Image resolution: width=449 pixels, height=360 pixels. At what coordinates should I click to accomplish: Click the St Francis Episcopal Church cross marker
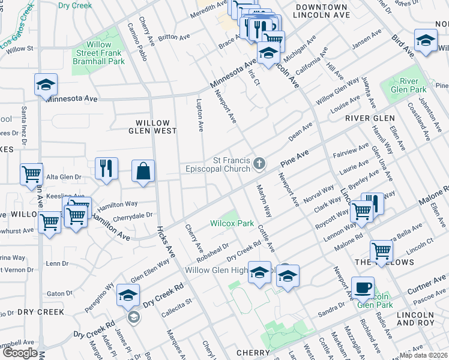[259, 163]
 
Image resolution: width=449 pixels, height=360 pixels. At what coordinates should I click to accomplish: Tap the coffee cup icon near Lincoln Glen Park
[362, 287]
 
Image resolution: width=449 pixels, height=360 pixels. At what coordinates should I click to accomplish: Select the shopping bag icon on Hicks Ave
[143, 171]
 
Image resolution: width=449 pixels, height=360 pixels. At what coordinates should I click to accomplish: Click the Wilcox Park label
[232, 223]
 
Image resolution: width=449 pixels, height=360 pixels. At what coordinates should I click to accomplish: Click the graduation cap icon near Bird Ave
[425, 40]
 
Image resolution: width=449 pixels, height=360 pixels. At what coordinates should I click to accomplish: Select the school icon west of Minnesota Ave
[45, 85]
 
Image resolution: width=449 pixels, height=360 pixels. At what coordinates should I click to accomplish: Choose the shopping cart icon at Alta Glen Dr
[31, 175]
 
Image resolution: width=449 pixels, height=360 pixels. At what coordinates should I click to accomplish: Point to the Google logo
[20, 353]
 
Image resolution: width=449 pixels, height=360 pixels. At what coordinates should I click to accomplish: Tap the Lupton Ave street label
[200, 116]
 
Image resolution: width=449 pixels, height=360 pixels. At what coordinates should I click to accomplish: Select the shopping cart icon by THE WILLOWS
[381, 251]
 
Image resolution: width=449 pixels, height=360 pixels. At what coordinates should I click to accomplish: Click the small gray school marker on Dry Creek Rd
[134, 317]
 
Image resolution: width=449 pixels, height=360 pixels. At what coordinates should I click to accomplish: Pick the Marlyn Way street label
[265, 204]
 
